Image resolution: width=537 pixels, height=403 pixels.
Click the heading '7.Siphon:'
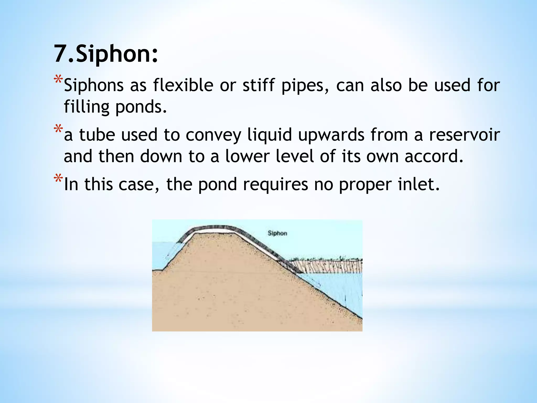tap(106, 54)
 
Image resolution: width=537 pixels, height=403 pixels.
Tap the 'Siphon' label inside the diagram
tap(277, 233)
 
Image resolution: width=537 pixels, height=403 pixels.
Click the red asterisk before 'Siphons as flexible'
tap(58, 79)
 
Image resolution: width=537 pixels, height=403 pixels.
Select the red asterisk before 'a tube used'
tap(58, 129)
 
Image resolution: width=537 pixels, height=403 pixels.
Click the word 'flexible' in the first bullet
tap(183, 85)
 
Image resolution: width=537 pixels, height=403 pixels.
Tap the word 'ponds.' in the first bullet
tap(141, 107)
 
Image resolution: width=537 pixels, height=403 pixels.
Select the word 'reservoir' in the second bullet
tap(464, 135)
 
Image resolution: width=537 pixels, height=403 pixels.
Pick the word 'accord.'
tap(434, 156)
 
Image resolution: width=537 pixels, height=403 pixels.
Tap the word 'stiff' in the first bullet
tap(259, 85)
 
